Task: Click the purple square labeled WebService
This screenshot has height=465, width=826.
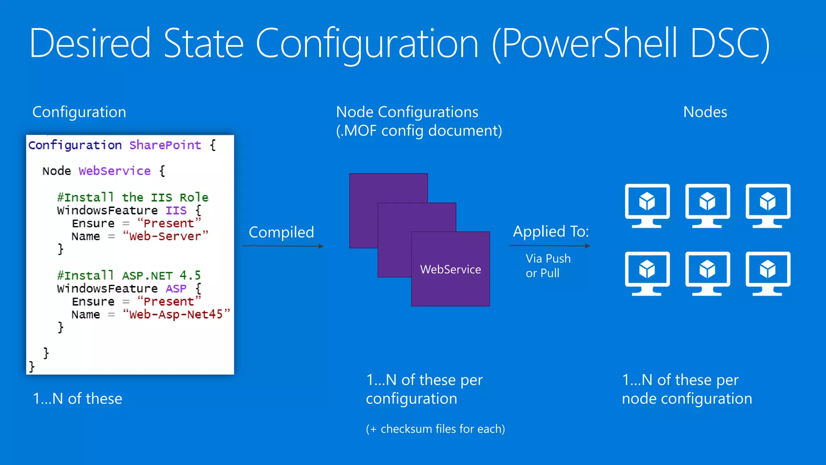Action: pyautogui.click(x=451, y=269)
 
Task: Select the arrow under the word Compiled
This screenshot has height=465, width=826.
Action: pyautogui.click(x=283, y=246)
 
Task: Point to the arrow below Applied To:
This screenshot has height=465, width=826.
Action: pyautogui.click(x=550, y=245)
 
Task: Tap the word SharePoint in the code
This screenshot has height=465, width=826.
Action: pyautogui.click(x=165, y=145)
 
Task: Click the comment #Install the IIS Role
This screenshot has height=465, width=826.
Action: pyautogui.click(x=133, y=197)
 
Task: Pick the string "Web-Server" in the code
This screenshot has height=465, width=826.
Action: pyautogui.click(x=165, y=236)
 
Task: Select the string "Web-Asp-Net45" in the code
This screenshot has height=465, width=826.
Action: pyautogui.click(x=176, y=314)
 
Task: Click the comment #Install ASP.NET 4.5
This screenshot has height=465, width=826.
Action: pyautogui.click(x=129, y=276)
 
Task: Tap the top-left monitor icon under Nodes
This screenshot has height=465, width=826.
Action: pyautogui.click(x=647, y=205)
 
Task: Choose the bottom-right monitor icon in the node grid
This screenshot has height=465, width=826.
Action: pyautogui.click(x=768, y=273)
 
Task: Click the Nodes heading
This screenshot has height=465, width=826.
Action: pyautogui.click(x=705, y=112)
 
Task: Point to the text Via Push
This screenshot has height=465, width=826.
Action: pyautogui.click(x=548, y=258)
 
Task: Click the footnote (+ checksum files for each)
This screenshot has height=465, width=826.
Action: pyautogui.click(x=435, y=429)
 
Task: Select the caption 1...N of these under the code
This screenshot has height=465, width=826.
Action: pyautogui.click(x=77, y=399)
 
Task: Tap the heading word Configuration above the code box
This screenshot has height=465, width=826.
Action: pyautogui.click(x=79, y=112)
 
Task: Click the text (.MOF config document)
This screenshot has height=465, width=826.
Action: pyautogui.click(x=419, y=131)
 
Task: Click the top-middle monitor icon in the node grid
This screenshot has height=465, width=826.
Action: pyautogui.click(x=707, y=205)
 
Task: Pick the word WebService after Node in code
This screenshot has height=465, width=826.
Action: pyautogui.click(x=115, y=171)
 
